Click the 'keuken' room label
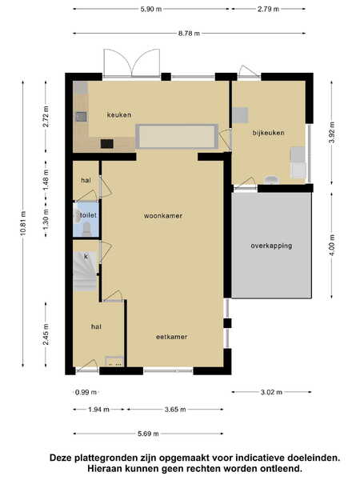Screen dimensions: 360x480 point(119,114)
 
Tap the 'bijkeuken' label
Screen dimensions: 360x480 point(269,133)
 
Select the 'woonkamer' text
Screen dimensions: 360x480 point(163,216)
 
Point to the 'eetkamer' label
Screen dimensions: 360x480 point(171,337)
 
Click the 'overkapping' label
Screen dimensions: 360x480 point(271,246)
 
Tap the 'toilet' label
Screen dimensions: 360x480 point(88,215)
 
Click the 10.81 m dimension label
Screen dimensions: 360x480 point(23,223)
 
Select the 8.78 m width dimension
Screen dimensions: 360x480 point(189,34)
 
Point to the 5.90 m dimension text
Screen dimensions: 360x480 point(151,9)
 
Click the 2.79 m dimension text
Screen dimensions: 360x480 point(269,9)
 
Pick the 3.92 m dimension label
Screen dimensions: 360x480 point(332,132)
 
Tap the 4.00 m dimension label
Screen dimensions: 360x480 point(332,244)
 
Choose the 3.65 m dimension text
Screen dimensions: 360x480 point(175,410)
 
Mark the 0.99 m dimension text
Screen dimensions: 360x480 point(86,392)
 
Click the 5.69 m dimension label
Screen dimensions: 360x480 point(148,434)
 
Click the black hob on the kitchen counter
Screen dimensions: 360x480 point(107,143)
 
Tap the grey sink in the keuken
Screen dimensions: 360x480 point(81,117)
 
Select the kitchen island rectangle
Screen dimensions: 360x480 point(177,137)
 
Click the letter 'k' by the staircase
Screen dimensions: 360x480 point(86,256)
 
